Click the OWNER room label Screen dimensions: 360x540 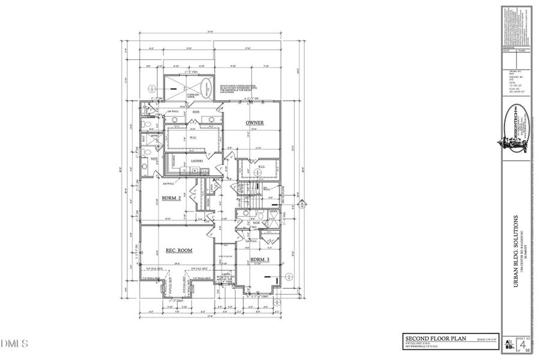click(255, 122)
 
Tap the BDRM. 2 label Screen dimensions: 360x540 click(173, 197)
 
